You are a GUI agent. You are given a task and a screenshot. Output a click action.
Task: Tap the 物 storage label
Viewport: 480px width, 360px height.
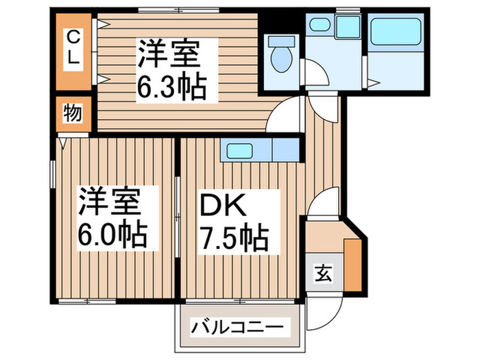(73, 113)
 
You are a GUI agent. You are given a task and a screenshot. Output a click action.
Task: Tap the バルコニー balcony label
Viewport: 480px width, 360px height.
(236, 325)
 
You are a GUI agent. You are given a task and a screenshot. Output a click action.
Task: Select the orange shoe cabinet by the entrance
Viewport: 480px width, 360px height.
(353, 263)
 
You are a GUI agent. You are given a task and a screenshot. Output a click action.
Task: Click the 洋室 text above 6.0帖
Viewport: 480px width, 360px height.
(110, 202)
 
